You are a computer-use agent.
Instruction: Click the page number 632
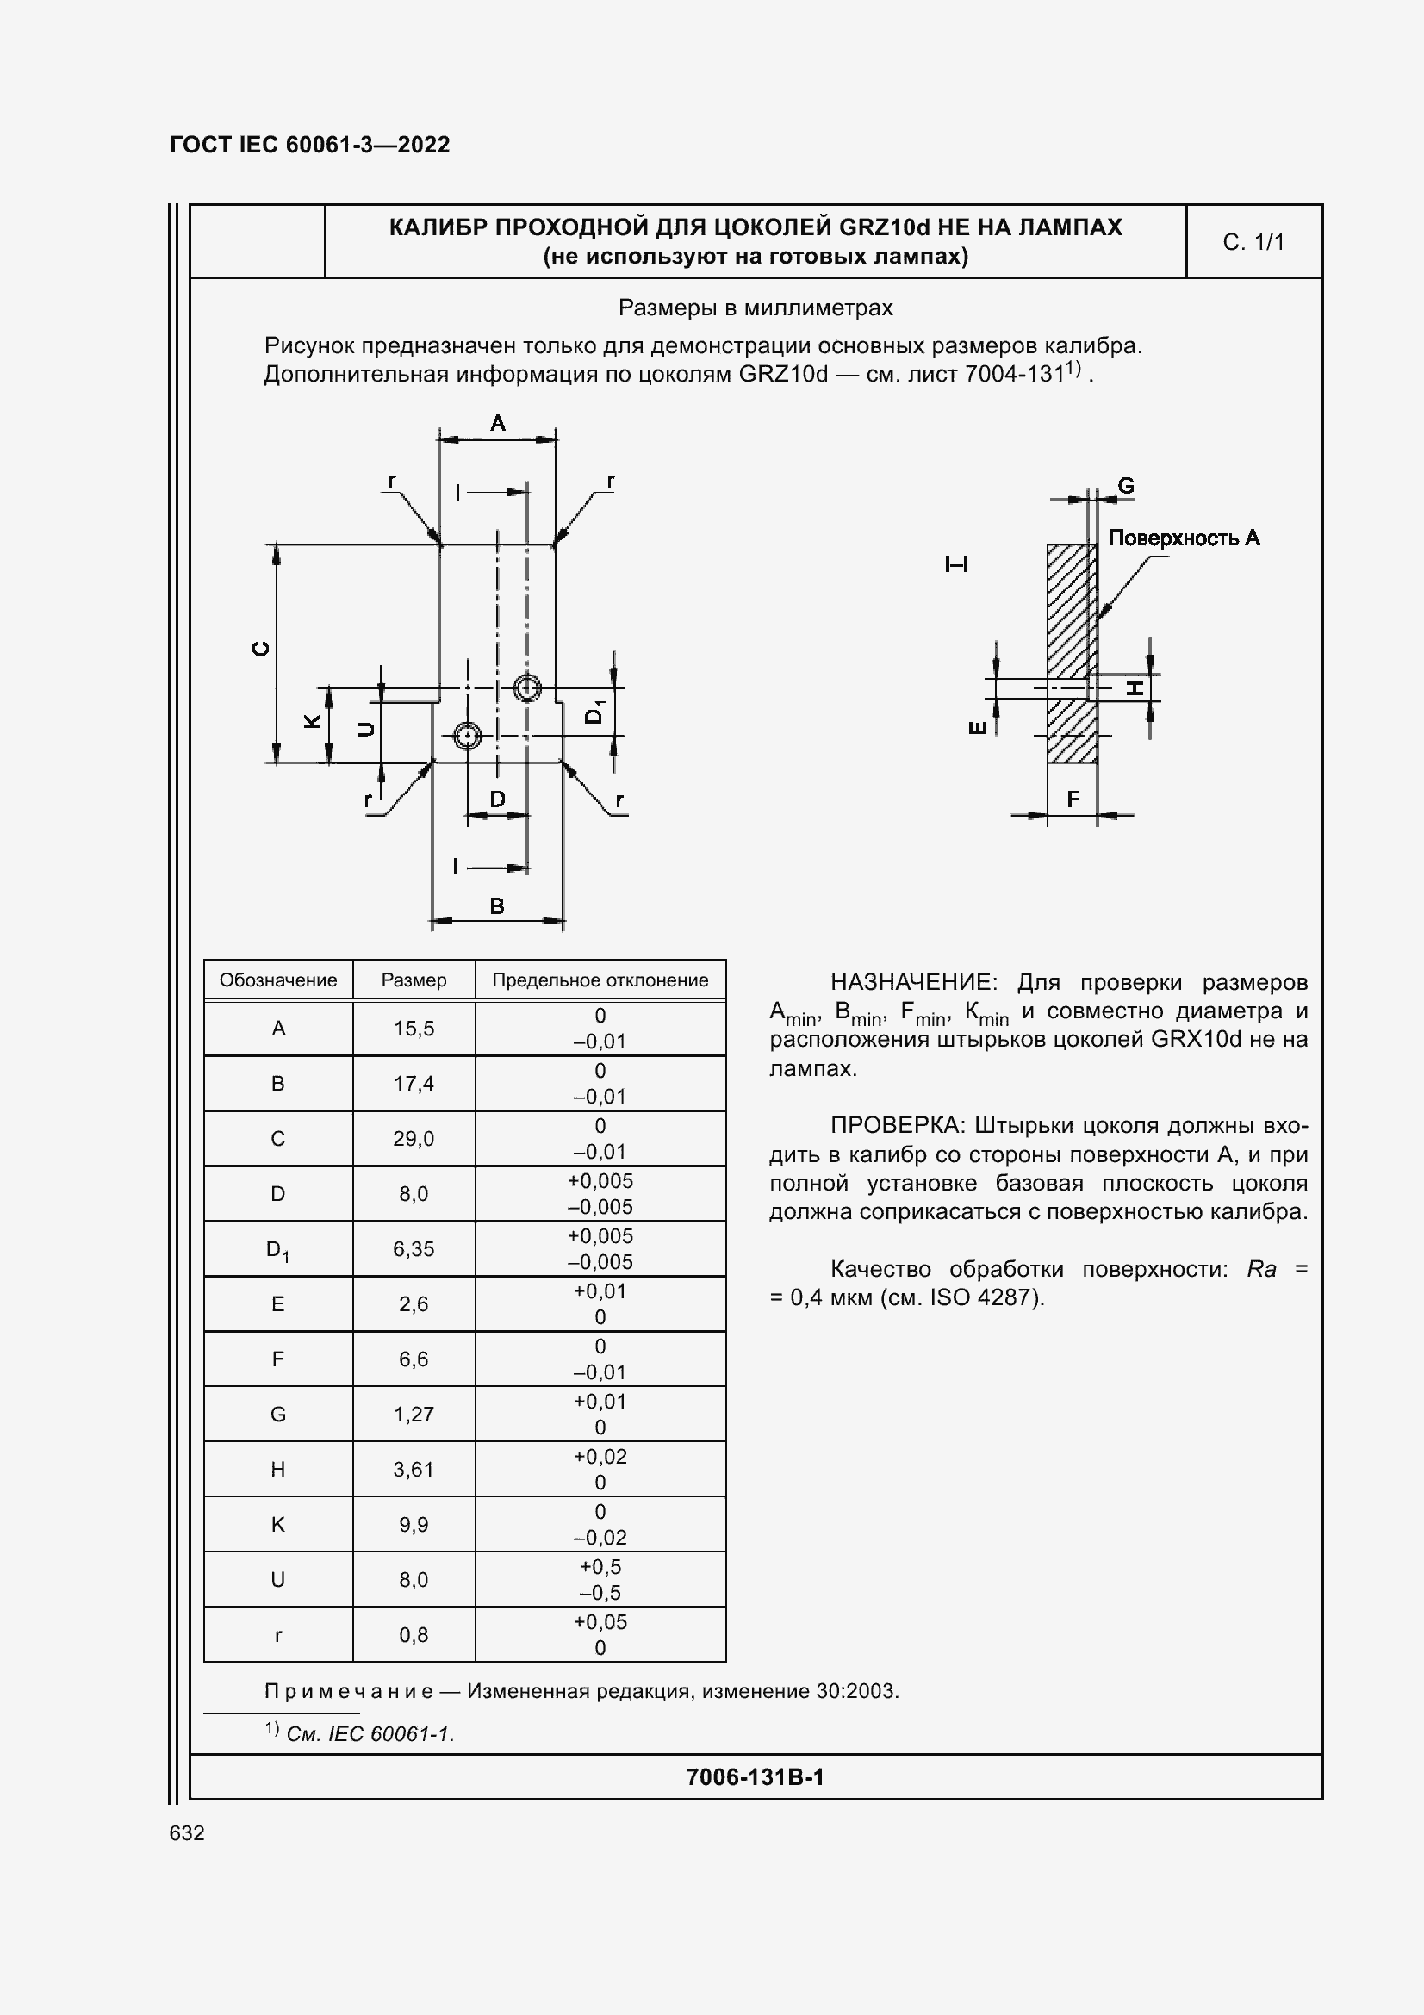coord(187,1833)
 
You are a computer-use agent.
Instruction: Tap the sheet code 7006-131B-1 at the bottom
coord(755,1777)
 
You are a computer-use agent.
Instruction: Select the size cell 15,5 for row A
coord(414,1029)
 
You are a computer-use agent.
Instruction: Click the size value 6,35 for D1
coord(414,1249)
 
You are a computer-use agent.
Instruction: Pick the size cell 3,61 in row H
coord(414,1469)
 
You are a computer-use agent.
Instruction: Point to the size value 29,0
coord(414,1138)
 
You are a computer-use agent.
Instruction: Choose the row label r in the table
coord(278,1634)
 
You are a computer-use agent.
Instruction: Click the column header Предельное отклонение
coord(600,980)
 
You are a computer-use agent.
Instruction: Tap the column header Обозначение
coord(278,980)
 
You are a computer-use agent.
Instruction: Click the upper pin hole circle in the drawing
coord(526,688)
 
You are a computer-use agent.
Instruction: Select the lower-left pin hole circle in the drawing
coord(467,736)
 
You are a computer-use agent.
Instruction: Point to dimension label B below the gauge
coord(496,905)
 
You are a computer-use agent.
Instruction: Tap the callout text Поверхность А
coord(1184,538)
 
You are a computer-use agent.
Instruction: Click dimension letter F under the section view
coord(1073,799)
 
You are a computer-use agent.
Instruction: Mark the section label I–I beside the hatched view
coord(956,564)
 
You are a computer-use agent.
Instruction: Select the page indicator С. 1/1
coord(1253,242)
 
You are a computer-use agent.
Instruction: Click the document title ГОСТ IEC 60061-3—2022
coord(310,145)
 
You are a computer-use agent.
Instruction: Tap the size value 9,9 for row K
coord(414,1525)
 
